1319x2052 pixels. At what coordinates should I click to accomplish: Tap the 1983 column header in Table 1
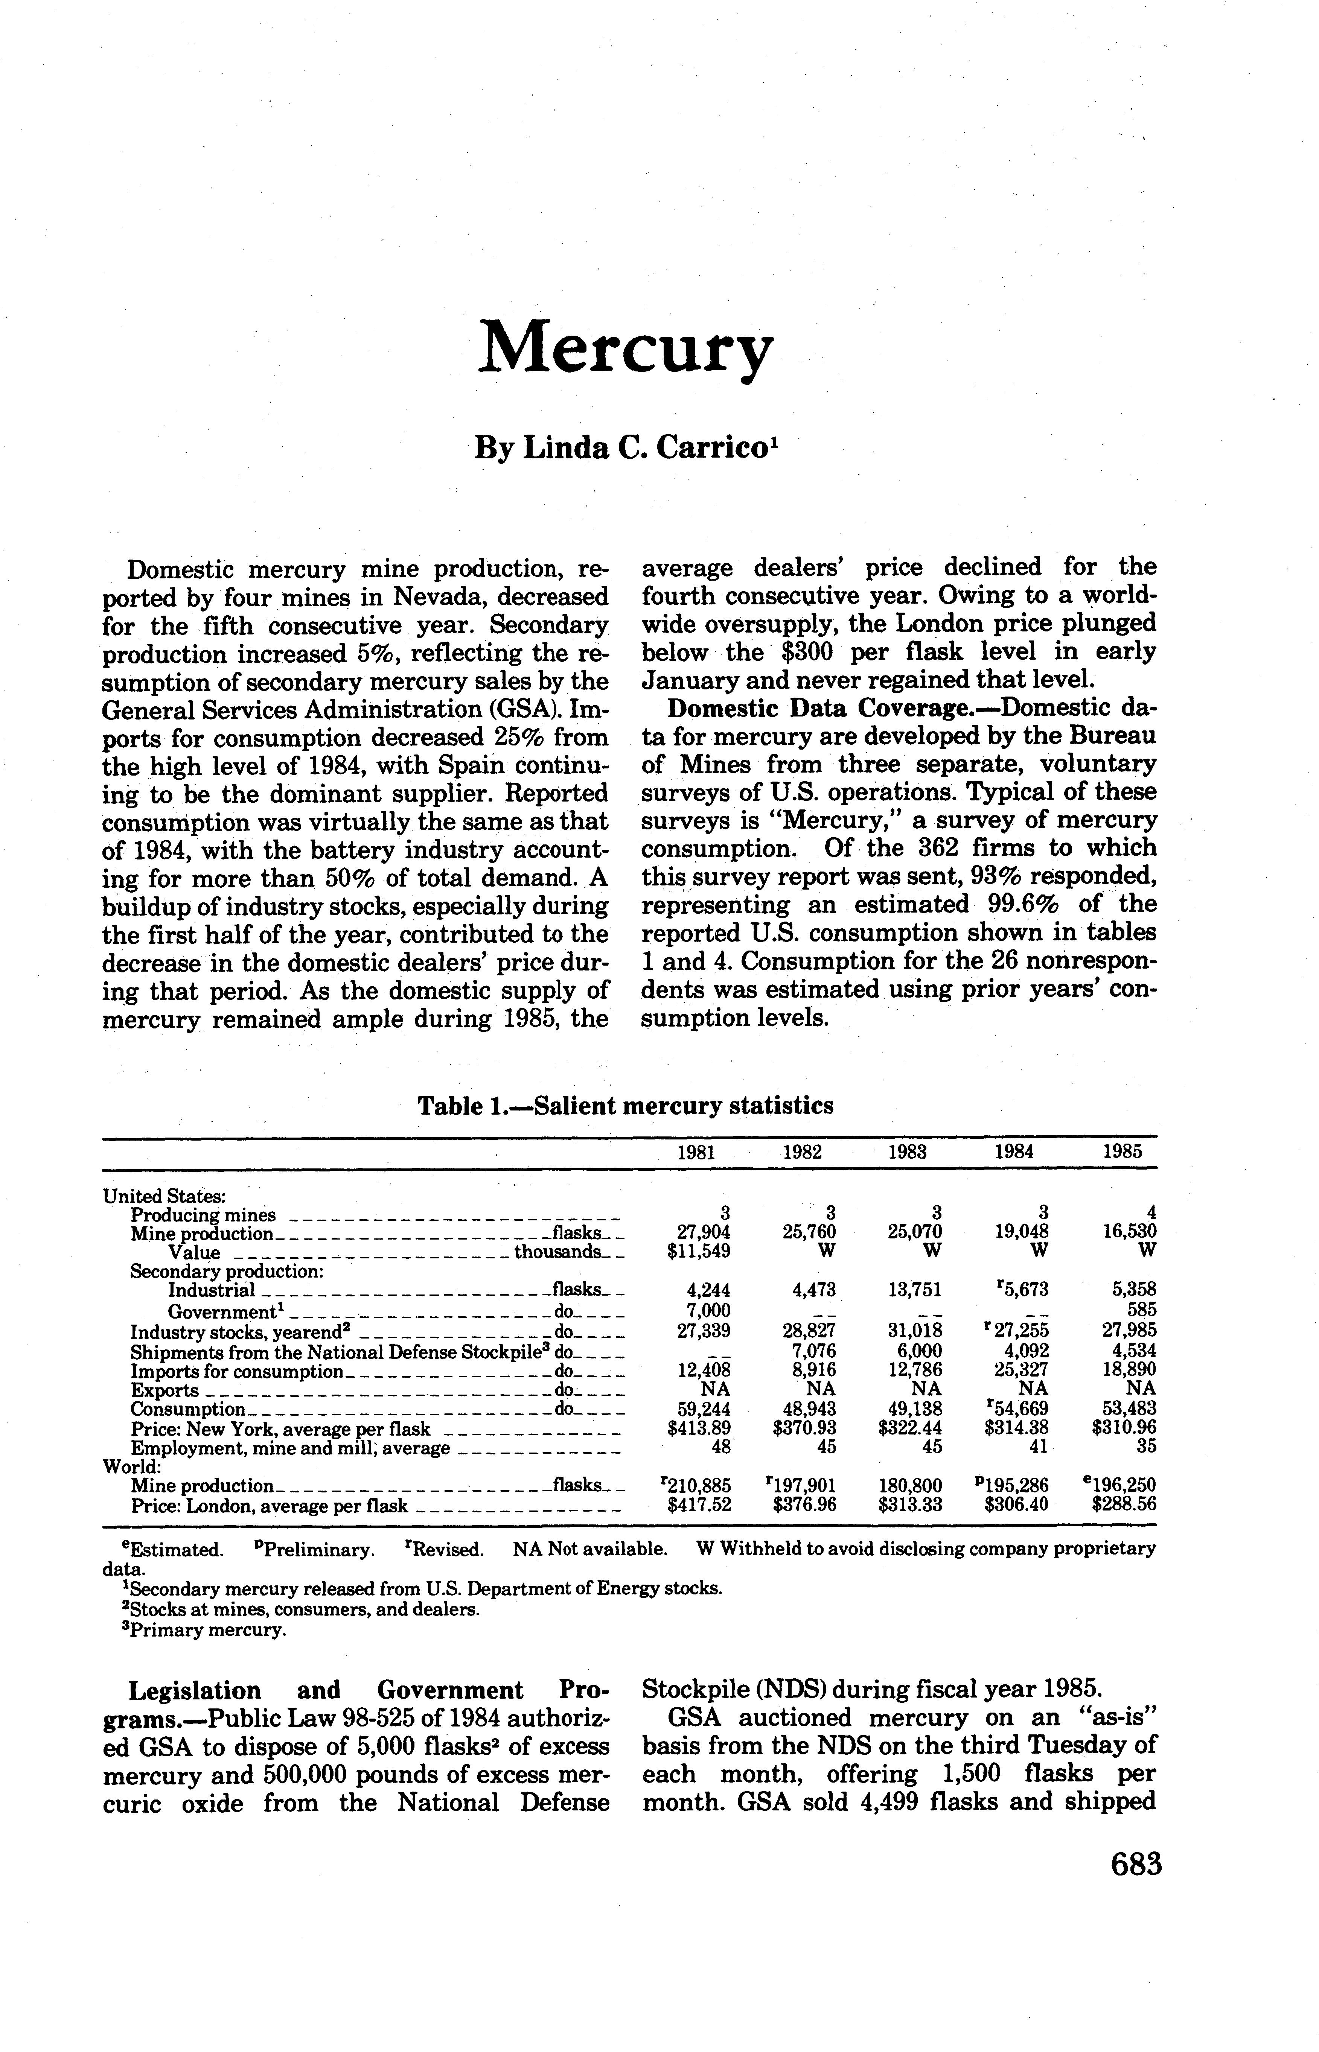coord(907,1152)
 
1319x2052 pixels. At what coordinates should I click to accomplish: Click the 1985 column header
coord(1122,1152)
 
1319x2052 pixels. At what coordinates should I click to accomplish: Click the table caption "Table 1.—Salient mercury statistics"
coord(625,1106)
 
